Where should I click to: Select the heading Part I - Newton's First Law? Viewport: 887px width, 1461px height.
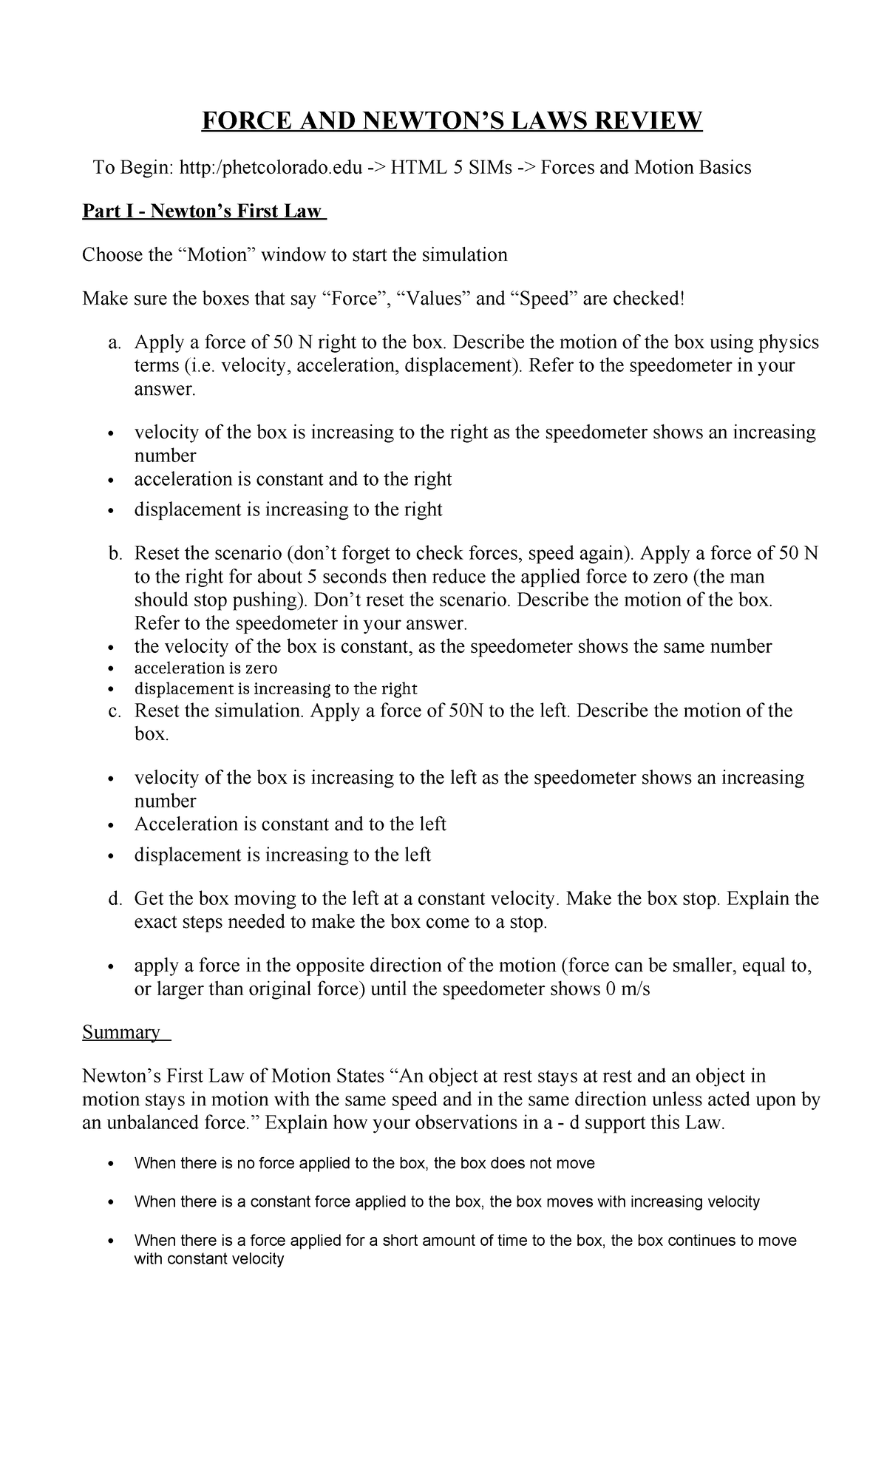203,211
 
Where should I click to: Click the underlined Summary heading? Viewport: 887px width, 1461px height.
121,1031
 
